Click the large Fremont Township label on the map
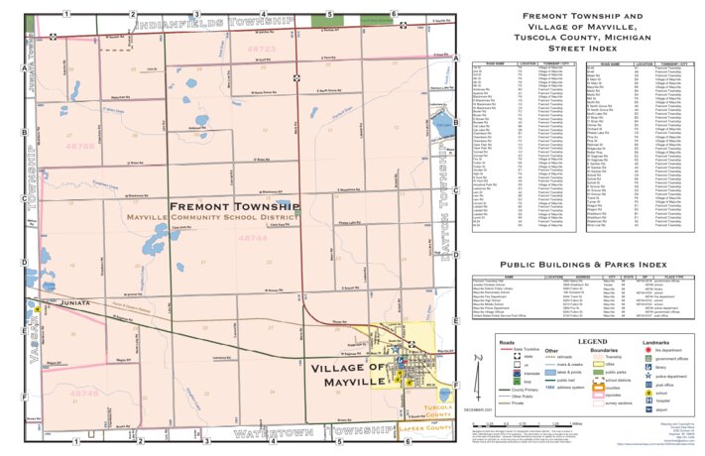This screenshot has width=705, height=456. click(233, 206)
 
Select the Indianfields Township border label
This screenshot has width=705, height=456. click(217, 21)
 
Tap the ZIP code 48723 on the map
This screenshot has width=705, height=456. click(261, 48)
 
